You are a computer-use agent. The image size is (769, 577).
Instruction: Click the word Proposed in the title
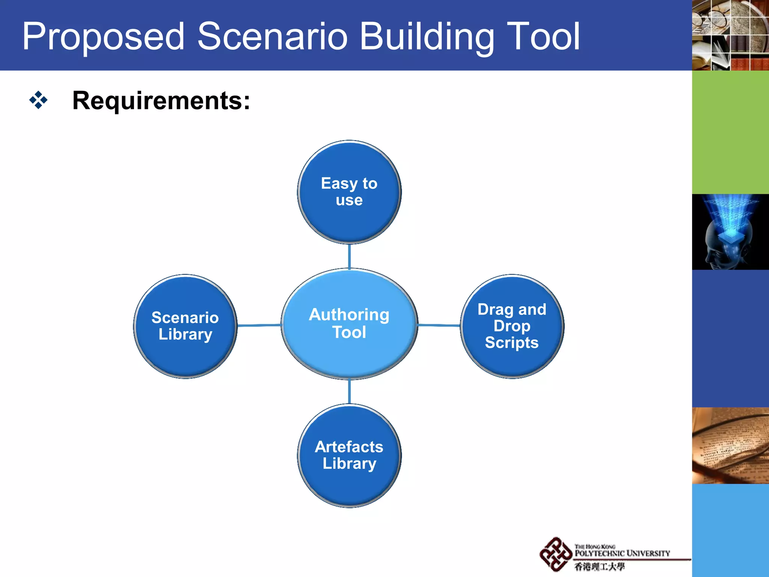coord(103,37)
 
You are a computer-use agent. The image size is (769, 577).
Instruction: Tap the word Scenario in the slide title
coord(272,36)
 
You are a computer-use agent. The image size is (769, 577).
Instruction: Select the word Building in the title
coord(427,37)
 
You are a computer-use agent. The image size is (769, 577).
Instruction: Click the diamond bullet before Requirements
coord(38,100)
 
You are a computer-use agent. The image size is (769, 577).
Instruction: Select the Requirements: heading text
coord(161,101)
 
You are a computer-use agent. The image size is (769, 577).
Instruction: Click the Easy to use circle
coord(349,192)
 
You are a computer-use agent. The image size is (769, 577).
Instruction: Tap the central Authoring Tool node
coord(349,323)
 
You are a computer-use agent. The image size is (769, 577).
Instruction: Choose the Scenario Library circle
coord(185,326)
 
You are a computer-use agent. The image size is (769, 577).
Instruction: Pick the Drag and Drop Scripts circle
coord(512,326)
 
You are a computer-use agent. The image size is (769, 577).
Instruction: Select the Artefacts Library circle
coord(349,455)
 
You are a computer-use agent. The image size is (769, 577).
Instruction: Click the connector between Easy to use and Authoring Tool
coord(349,257)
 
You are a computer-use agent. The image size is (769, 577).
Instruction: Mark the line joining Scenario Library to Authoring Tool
coord(259,325)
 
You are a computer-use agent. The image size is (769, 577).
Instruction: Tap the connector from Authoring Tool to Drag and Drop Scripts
coord(439,325)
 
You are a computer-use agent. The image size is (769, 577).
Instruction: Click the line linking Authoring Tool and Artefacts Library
coord(349,391)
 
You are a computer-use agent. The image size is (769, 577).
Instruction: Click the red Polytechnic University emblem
coord(555,554)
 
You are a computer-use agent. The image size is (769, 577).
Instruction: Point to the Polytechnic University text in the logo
coord(622,553)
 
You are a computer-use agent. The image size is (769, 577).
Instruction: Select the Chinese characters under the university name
coord(599,566)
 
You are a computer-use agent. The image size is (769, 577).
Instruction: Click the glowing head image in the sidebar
coord(730,232)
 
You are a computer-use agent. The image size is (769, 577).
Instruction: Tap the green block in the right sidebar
coord(730,132)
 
